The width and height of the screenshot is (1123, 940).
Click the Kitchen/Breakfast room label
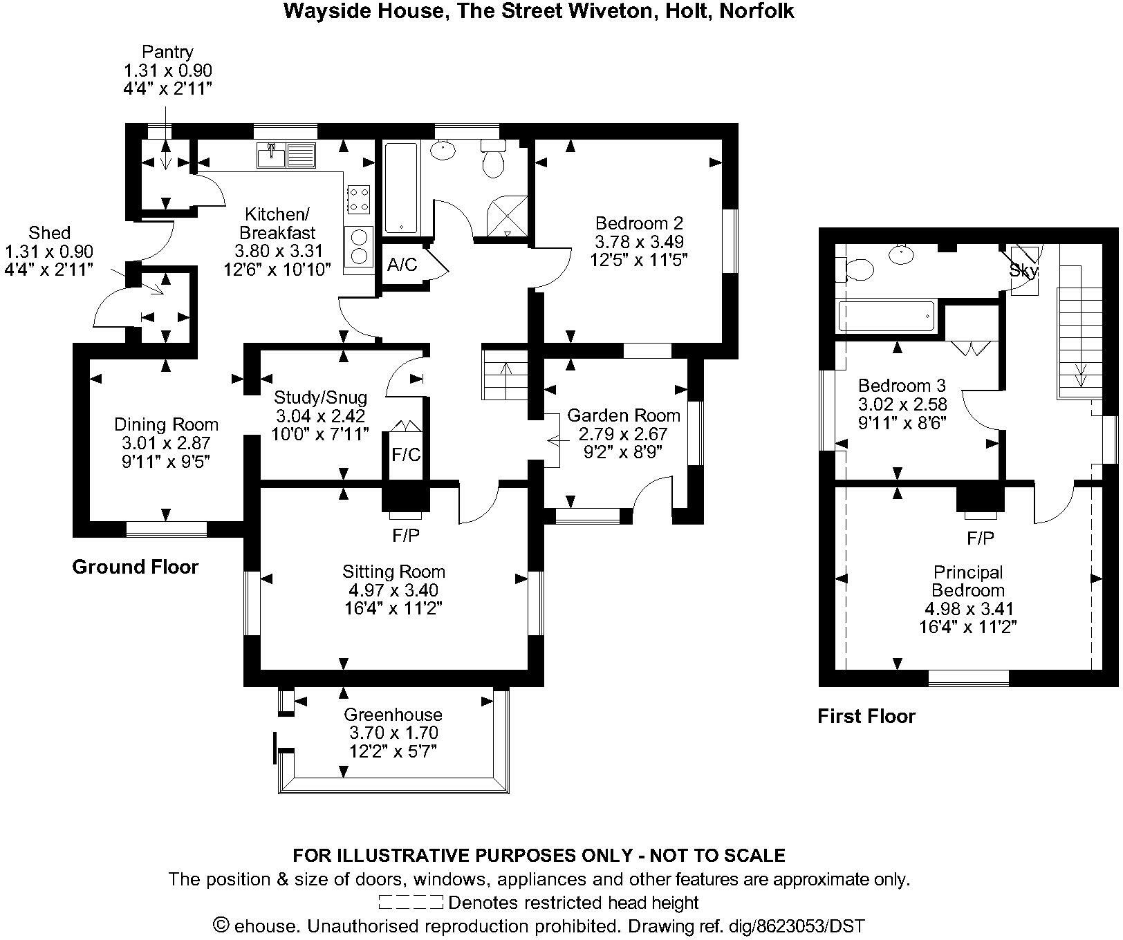click(x=277, y=223)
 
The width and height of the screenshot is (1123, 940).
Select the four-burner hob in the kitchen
click(x=358, y=199)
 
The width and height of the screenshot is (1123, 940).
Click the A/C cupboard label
click(x=402, y=265)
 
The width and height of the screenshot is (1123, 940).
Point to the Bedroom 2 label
click(x=639, y=223)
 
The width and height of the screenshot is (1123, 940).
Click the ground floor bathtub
click(x=401, y=187)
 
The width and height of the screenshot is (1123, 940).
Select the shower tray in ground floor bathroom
click(x=508, y=217)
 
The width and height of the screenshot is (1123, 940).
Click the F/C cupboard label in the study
click(x=406, y=455)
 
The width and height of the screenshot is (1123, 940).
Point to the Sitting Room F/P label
click(x=406, y=535)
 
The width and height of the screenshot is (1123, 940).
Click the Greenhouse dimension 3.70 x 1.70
click(x=393, y=733)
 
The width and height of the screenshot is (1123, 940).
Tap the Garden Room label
click(x=624, y=415)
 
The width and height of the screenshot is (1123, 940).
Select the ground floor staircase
click(x=505, y=374)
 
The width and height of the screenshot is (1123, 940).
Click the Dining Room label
click(x=166, y=424)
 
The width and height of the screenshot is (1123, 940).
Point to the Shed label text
click(x=49, y=233)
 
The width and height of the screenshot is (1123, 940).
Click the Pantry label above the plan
click(x=167, y=52)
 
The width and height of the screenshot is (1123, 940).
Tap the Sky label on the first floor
click(x=1023, y=270)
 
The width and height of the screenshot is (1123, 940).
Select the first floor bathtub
click(x=886, y=317)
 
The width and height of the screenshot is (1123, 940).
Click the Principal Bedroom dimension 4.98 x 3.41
click(x=968, y=609)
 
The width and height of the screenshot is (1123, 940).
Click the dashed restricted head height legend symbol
click(x=411, y=902)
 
